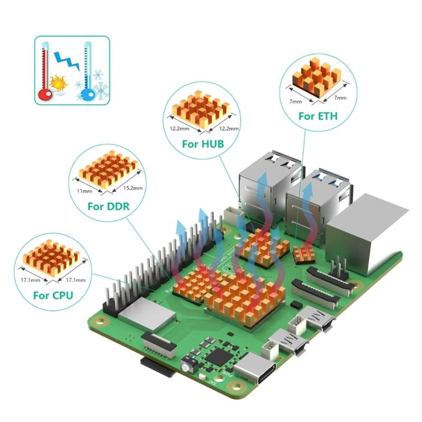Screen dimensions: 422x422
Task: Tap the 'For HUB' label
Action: click(203, 143)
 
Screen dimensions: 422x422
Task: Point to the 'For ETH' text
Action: click(318, 116)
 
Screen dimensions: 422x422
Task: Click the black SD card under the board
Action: click(158, 367)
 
